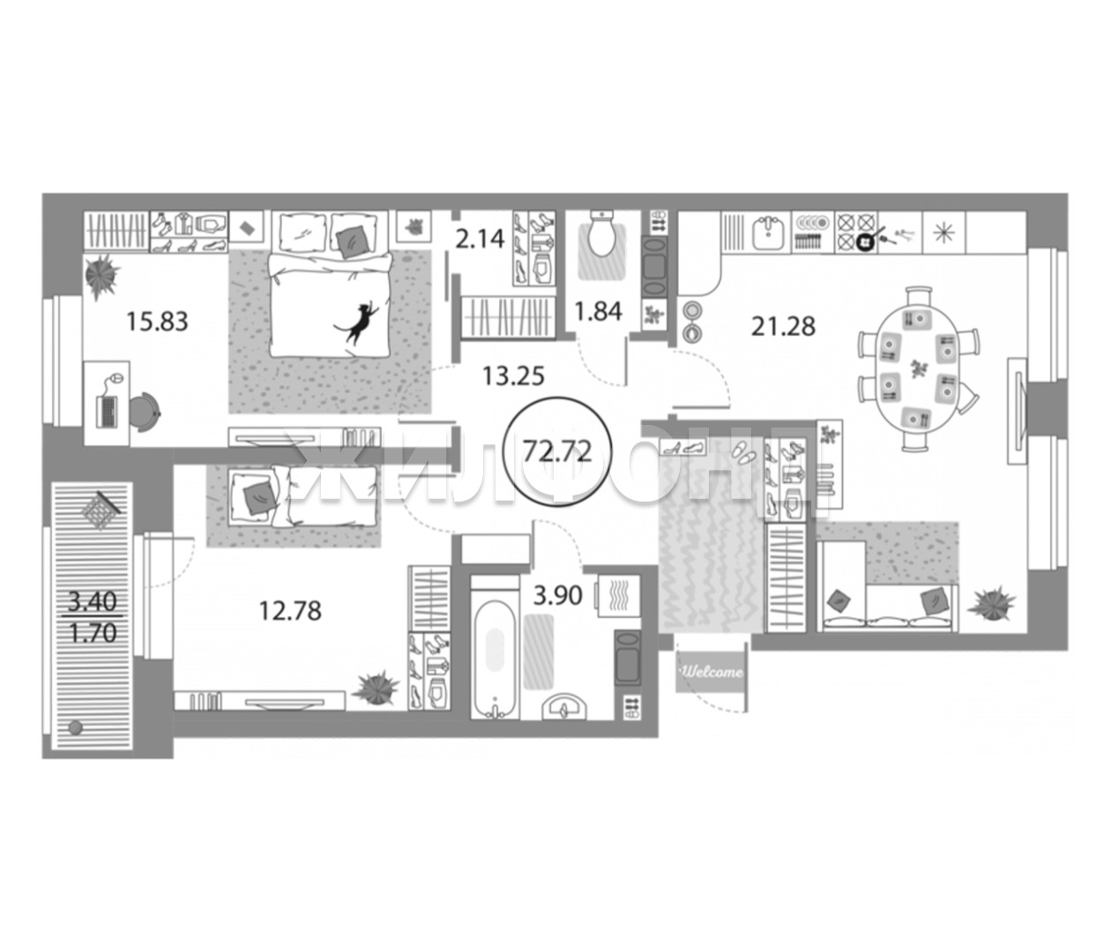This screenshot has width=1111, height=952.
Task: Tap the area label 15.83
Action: click(157, 322)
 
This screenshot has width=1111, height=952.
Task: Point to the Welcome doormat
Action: click(712, 671)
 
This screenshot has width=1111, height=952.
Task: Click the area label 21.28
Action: click(783, 326)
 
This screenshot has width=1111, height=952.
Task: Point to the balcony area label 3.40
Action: click(92, 602)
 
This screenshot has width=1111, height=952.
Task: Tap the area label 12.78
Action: click(290, 611)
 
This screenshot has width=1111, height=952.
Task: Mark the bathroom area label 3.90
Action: click(558, 596)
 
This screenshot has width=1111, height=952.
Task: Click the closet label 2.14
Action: click(480, 239)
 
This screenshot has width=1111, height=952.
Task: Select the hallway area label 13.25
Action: click(513, 376)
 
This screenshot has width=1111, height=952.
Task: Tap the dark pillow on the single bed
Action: click(256, 499)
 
